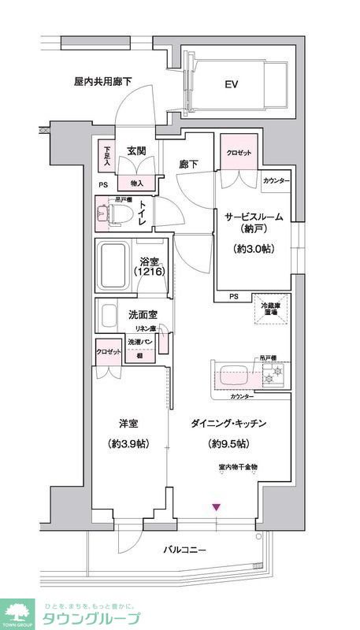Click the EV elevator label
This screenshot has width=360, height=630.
(x=232, y=83)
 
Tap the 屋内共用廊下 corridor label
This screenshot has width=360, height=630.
(x=102, y=81)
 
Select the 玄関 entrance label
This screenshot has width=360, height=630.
(x=137, y=151)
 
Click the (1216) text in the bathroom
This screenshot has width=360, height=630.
(x=150, y=272)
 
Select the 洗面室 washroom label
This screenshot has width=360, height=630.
(x=143, y=314)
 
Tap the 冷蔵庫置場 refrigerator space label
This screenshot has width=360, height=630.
(x=272, y=309)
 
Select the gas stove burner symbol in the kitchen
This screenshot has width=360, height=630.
(x=275, y=377)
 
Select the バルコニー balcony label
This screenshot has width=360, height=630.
(x=185, y=550)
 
